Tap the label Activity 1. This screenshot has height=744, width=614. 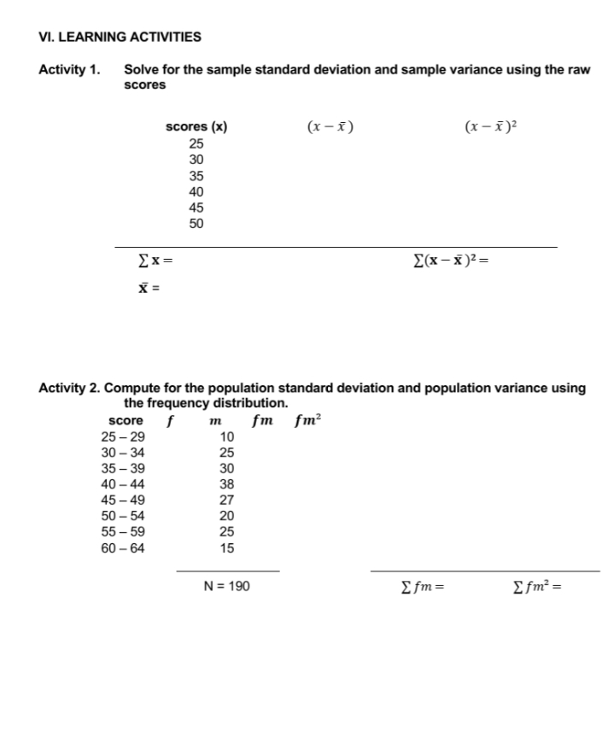coord(69,70)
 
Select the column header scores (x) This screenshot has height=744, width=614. coord(196,127)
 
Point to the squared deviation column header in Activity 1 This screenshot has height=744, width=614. coord(491,127)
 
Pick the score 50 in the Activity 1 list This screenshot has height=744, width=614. coord(196,224)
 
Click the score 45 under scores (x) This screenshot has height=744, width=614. coord(196,208)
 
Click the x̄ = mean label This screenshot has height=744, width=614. coord(150,287)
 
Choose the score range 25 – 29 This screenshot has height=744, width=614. coord(123,436)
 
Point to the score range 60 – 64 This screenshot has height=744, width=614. coord(123,548)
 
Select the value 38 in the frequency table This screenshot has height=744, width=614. coord(226,484)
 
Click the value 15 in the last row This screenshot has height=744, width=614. coord(226,548)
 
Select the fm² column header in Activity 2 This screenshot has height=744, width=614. coord(307,420)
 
